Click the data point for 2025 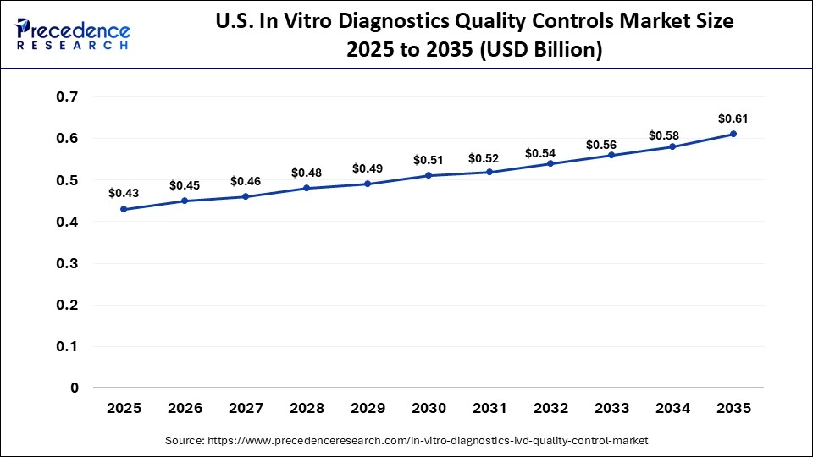point(124,209)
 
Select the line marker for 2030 point(429,175)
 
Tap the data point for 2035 point(733,134)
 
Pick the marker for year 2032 point(550,163)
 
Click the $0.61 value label point(733,118)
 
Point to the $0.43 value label point(124,194)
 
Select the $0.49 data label point(368,168)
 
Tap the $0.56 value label point(611,144)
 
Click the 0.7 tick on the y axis point(68,96)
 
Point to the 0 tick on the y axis point(75,388)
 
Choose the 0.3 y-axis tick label point(68,263)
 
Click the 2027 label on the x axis point(246,408)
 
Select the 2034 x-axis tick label point(672,408)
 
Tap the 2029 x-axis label point(368,408)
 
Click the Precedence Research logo point(73,33)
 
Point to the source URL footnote point(406,441)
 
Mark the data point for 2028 point(307,188)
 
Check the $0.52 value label point(489,158)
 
